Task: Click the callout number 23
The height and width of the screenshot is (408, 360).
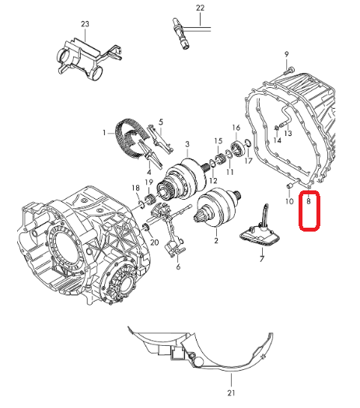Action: [85, 24]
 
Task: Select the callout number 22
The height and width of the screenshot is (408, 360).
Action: [200, 8]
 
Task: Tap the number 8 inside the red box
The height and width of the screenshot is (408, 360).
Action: [309, 201]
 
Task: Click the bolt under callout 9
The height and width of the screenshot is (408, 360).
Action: [288, 71]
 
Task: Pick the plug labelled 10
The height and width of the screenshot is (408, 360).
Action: [289, 186]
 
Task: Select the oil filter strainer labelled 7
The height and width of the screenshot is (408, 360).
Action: [260, 232]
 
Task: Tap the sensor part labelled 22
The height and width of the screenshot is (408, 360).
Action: [182, 34]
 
